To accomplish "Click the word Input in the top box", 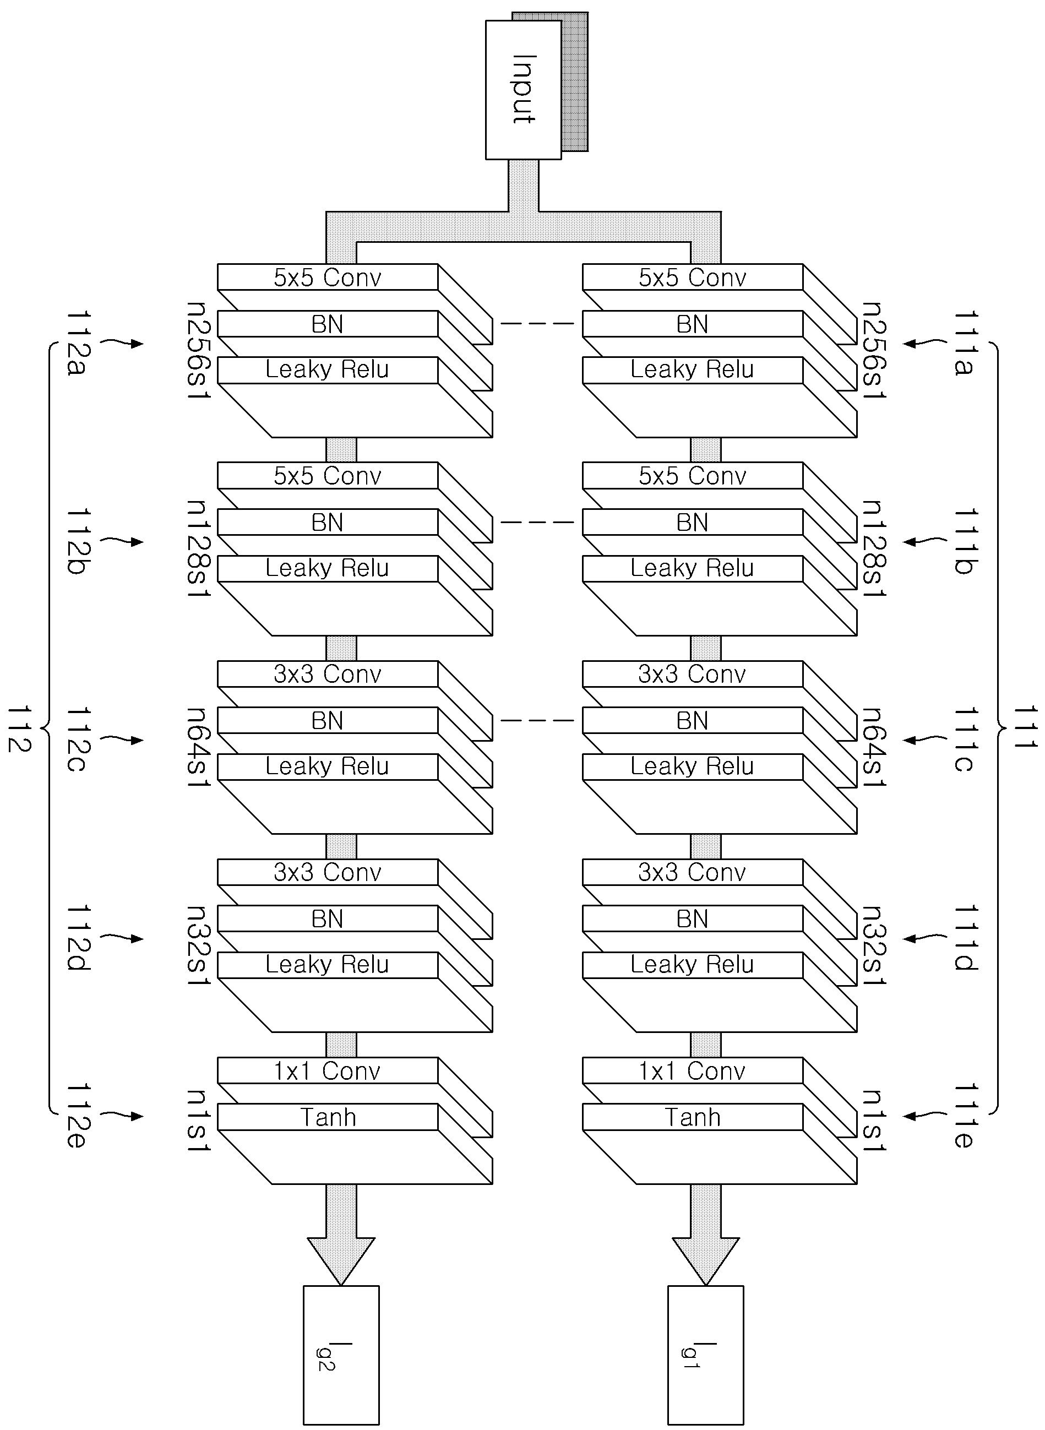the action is pos(524,89).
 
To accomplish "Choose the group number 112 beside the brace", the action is pos(20,728).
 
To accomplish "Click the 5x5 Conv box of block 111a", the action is pos(693,277).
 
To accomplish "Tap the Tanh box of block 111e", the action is pos(693,1117).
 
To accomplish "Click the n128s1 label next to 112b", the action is pos(199,549).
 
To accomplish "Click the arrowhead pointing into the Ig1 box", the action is pos(705,1261).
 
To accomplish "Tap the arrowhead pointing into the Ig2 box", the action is pos(341,1261).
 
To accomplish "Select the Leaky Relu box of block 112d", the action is pos(328,965).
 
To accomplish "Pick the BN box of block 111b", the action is pos(693,522).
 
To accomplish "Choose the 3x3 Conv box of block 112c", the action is pos(328,673).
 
